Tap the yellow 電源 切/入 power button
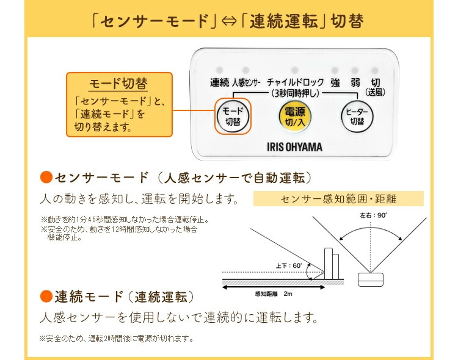tap(294, 115)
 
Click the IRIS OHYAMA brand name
tap(295, 146)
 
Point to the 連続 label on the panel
tap(219, 82)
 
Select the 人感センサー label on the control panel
tap(247, 82)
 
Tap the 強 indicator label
tap(335, 82)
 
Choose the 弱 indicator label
tap(355, 82)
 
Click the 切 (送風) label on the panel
tap(376, 86)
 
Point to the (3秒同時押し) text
tap(294, 93)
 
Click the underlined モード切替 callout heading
tap(118, 83)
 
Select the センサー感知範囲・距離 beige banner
tap(338, 199)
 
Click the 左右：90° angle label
tap(374, 216)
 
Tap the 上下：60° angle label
tap(289, 265)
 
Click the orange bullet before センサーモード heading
tap(45, 178)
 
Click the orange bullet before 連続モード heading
tap(45, 297)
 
